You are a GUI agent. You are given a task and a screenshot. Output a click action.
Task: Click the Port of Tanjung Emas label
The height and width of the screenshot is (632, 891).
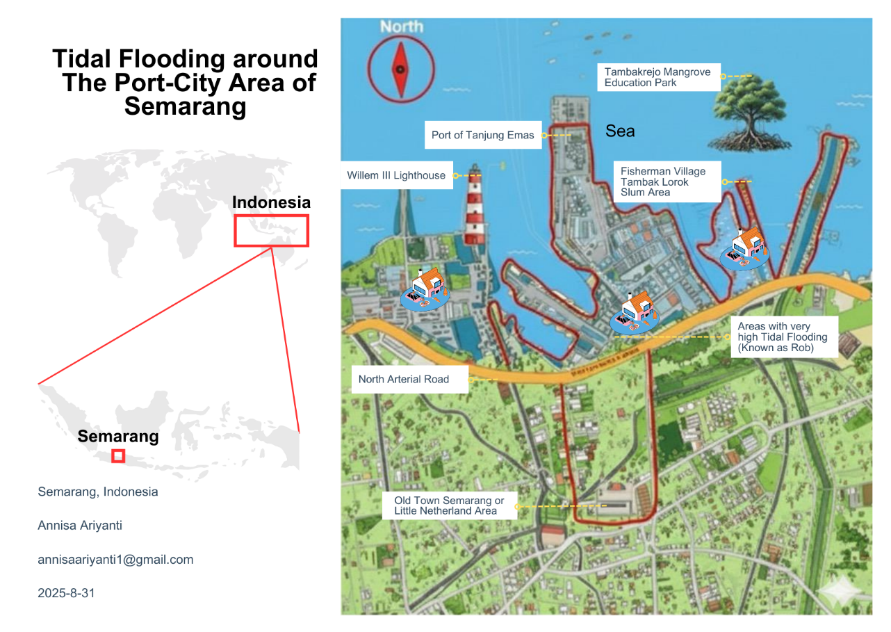pyautogui.click(x=482, y=135)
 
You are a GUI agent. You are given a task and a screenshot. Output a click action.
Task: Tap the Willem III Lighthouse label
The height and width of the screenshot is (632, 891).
pyautogui.click(x=396, y=175)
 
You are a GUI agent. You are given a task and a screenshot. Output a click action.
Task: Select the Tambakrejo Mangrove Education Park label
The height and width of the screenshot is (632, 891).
pyautogui.click(x=657, y=77)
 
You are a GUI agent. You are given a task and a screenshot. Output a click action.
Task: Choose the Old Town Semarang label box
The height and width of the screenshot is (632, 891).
pyautogui.click(x=450, y=505)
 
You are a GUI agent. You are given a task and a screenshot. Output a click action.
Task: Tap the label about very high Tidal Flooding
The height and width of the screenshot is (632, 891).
pyautogui.click(x=783, y=337)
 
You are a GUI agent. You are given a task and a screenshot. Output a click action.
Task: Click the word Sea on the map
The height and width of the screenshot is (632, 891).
pyautogui.click(x=620, y=131)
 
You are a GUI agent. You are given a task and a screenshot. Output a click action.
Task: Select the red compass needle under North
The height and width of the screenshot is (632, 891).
pyautogui.click(x=400, y=70)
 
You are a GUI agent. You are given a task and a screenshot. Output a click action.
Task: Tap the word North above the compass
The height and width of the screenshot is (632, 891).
pyautogui.click(x=401, y=26)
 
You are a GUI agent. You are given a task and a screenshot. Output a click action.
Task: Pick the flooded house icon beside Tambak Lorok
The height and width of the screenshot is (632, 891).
pyautogui.click(x=744, y=248)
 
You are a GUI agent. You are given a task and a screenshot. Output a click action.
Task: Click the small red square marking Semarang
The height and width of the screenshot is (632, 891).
pyautogui.click(x=118, y=456)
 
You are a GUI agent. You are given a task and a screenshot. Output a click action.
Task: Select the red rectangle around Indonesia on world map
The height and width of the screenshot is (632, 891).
pyautogui.click(x=271, y=230)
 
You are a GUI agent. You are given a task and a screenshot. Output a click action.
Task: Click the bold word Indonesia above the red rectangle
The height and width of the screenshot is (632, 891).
pyautogui.click(x=271, y=202)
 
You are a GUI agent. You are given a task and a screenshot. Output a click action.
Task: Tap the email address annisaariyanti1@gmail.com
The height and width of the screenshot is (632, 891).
pyautogui.click(x=115, y=560)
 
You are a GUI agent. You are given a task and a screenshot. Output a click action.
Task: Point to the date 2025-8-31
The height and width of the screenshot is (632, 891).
pyautogui.click(x=66, y=593)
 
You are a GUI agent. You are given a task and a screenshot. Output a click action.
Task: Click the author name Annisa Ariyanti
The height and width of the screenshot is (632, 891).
pyautogui.click(x=80, y=526)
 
